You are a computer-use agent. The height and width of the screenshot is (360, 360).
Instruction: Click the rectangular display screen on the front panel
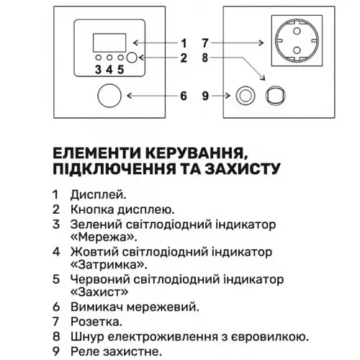109,42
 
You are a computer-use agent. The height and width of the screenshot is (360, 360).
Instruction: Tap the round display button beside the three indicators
132,58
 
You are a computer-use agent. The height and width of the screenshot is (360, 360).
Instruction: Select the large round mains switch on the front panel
109,96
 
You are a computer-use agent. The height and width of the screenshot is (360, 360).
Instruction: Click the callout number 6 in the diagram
184,96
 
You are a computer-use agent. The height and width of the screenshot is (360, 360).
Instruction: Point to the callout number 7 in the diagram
205,43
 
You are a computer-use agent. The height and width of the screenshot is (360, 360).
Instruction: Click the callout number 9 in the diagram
205,96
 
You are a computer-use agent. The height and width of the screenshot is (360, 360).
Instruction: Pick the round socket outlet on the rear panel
297,40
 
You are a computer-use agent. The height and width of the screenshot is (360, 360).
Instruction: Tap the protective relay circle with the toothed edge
246,96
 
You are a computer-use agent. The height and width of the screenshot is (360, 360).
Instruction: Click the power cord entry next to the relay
276,96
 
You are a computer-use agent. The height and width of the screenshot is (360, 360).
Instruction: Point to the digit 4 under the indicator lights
109,70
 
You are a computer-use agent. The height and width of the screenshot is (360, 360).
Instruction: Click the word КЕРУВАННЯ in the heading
197,153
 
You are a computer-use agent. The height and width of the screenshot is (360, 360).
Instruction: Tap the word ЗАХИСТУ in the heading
243,168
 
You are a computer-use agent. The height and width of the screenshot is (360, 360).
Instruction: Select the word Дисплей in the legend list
98,195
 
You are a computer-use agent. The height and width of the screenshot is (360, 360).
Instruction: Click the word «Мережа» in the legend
104,238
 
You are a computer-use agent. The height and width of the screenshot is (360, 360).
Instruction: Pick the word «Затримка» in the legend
109,265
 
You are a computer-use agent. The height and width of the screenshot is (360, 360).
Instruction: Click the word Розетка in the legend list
96,322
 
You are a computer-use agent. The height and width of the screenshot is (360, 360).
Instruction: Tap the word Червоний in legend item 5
100,279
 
